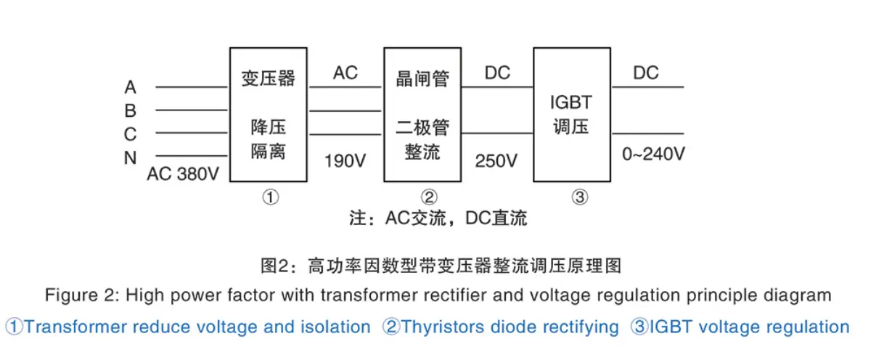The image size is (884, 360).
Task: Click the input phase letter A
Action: [130, 87]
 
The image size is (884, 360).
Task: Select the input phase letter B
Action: [130, 110]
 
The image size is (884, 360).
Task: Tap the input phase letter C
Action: [130, 134]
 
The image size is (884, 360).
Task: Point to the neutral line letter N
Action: [130, 157]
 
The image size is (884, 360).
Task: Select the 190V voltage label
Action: [345, 160]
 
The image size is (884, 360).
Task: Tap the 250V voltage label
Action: [496, 160]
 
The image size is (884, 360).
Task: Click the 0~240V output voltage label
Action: [653, 154]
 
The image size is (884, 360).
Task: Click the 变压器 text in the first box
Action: [269, 78]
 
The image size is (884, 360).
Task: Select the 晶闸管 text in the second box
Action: [422, 78]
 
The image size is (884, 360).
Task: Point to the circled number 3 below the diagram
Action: [579, 197]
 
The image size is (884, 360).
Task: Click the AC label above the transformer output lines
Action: [345, 73]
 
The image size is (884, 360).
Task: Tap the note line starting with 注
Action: [438, 218]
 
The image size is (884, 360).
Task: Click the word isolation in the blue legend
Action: [335, 327]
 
